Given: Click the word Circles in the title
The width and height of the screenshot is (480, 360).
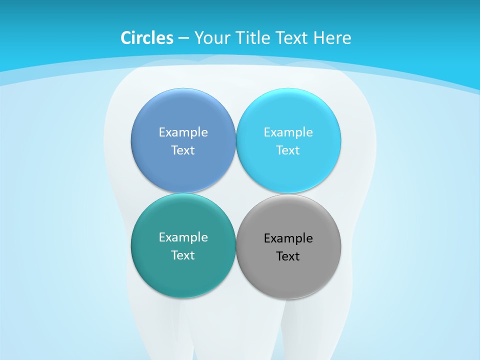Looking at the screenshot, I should (146, 38).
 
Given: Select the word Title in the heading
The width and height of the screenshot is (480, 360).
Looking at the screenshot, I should (254, 38).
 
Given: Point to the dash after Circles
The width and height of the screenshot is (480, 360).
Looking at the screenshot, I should (183, 38).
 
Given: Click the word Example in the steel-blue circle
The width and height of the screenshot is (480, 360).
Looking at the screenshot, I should (183, 132).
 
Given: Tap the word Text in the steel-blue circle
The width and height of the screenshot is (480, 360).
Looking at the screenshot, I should (183, 150).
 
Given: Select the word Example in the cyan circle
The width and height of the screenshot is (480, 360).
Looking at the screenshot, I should (288, 132).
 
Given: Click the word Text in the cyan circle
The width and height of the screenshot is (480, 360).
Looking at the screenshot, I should (288, 150).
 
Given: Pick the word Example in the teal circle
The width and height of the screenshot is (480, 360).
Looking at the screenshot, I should (183, 237).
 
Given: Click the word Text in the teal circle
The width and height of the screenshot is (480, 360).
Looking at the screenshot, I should (183, 255).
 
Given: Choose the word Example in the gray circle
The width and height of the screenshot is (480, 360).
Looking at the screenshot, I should (288, 238).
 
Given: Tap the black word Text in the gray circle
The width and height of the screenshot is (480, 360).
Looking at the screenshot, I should (288, 256).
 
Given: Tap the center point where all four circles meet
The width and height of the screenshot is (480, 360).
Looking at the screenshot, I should (235, 193).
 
